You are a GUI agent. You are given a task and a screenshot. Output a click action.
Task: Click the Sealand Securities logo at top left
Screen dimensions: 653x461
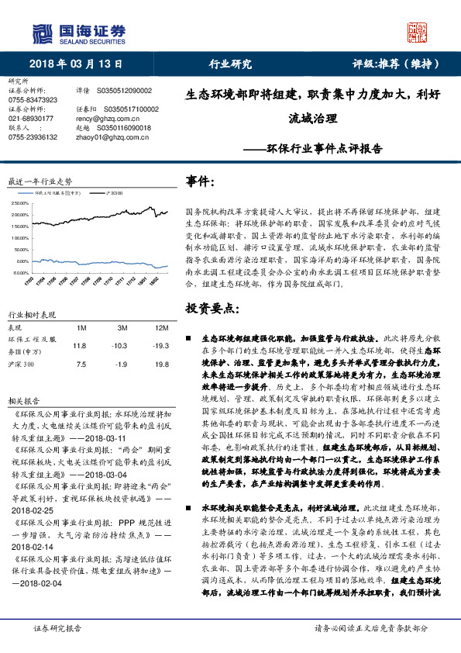coord(77,32)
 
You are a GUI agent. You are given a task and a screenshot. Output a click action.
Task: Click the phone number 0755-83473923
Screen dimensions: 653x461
coord(33,100)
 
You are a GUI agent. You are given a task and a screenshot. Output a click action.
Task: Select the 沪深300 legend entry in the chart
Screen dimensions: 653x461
coord(113,189)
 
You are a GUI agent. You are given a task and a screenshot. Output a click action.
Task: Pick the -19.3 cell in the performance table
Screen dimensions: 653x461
coord(160,346)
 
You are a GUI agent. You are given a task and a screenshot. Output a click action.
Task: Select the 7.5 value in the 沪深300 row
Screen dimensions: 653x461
coord(78,364)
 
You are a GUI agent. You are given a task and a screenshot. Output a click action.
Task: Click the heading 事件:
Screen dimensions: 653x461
coord(201,181)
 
